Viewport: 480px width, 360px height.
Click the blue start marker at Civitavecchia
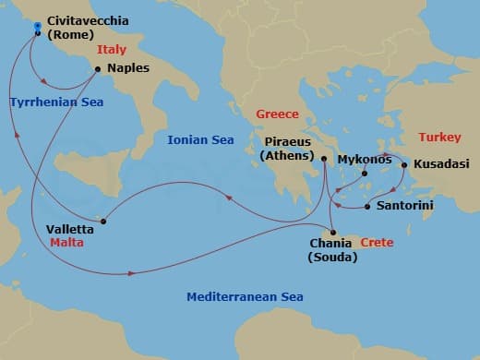[37, 26]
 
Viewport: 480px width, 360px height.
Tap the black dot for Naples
[98, 68]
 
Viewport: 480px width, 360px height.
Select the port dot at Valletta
[103, 221]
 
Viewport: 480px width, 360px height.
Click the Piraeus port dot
[324, 159]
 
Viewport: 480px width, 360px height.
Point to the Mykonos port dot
[365, 173]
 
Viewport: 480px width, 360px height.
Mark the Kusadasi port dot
[403, 166]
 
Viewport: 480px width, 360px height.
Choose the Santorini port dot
[367, 206]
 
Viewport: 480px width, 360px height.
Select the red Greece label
[277, 114]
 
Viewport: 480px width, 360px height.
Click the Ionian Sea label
[200, 140]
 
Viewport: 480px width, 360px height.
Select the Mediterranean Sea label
[245, 297]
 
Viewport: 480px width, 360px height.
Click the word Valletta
[70, 229]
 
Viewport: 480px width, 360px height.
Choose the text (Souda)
[331, 257]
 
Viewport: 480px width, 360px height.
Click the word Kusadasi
[440, 162]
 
